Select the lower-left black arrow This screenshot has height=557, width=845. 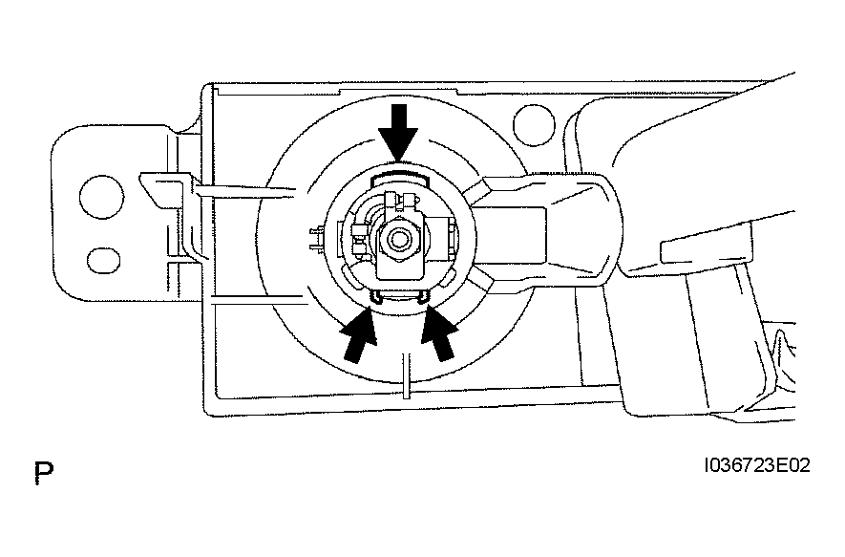coord(357,334)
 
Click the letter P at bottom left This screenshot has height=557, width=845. coord(42,471)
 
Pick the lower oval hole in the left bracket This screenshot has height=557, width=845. coord(98,259)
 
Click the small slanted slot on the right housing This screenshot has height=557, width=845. coord(684,250)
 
